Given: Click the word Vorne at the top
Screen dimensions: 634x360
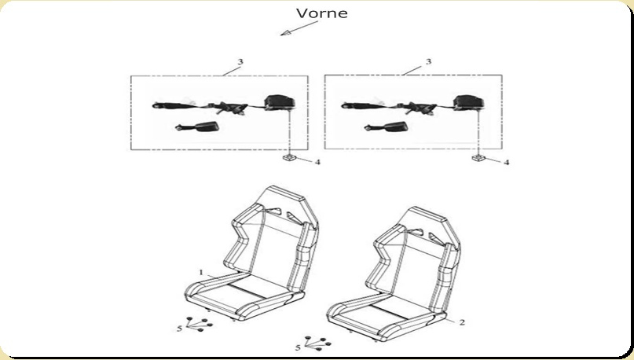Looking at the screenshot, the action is tap(322, 13).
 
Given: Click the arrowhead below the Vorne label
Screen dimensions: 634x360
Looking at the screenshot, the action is tap(286, 33).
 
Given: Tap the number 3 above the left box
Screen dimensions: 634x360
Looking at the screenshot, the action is tap(240, 62).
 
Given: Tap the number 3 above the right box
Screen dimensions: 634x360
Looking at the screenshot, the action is tap(429, 61).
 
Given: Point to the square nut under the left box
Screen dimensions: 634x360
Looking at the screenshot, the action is tap(289, 158).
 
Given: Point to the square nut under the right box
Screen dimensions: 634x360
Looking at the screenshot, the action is tap(478, 158).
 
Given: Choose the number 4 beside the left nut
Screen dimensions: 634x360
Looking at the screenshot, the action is tap(318, 162).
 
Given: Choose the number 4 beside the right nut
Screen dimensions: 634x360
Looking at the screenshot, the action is tap(506, 163).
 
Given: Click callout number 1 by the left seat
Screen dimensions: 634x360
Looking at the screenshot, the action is tap(201, 273).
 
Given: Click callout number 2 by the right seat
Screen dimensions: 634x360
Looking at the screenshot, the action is tap(462, 322).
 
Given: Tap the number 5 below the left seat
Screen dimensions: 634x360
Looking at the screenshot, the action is tap(180, 329).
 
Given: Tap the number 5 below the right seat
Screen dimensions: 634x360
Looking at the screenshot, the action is tap(298, 347).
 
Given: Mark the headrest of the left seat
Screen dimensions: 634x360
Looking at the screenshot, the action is tap(282, 197).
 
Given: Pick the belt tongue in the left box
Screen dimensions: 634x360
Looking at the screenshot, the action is tap(229, 108).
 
